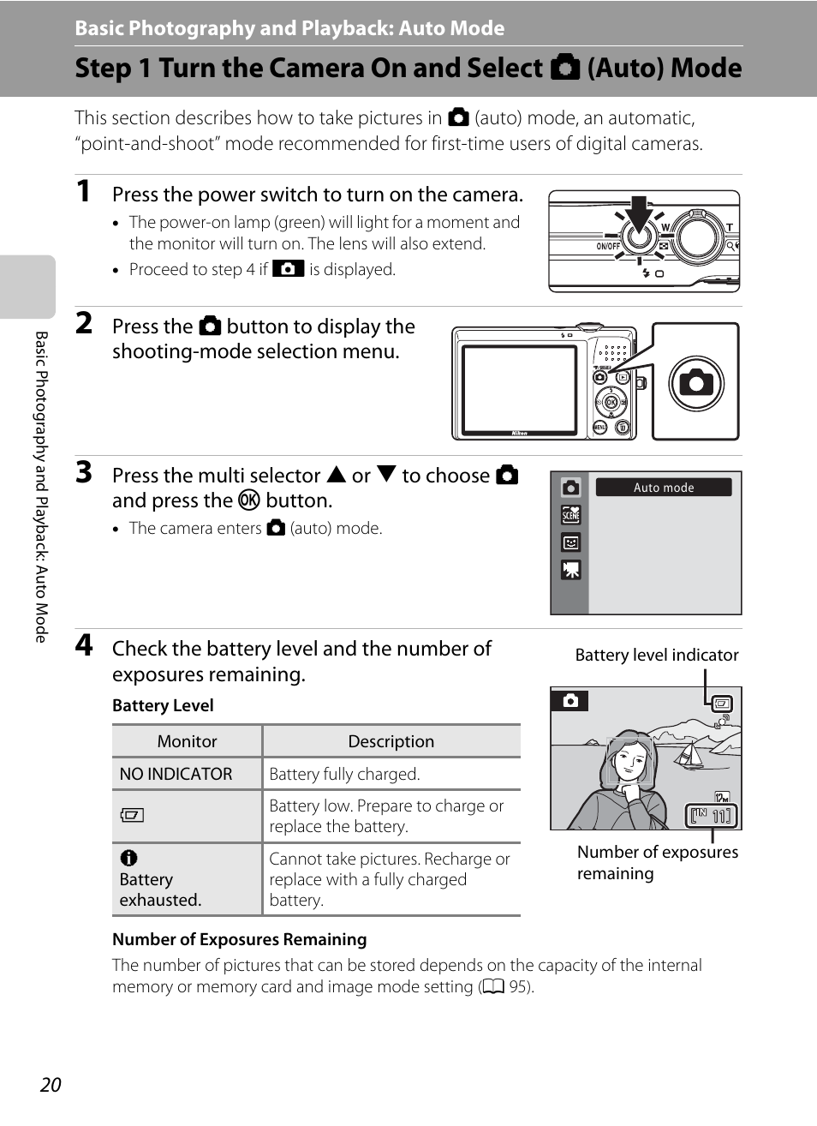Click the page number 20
[x=51, y=1084]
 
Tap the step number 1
[x=83, y=191]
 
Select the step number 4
[x=83, y=644]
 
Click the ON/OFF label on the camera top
[x=608, y=246]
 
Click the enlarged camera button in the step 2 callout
[x=695, y=382]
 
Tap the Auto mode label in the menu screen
[x=664, y=488]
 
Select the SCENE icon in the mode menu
[x=570, y=514]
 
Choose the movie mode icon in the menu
[x=570, y=570]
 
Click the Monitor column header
[x=187, y=741]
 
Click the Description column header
[x=391, y=741]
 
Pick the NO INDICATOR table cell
[x=176, y=774]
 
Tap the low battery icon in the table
[x=132, y=815]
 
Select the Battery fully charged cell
[x=344, y=774]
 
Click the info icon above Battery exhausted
[x=129, y=858]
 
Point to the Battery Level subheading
[x=163, y=705]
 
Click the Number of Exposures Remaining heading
[x=239, y=939]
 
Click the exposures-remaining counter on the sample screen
[x=712, y=816]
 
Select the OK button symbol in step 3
[x=248, y=500]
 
